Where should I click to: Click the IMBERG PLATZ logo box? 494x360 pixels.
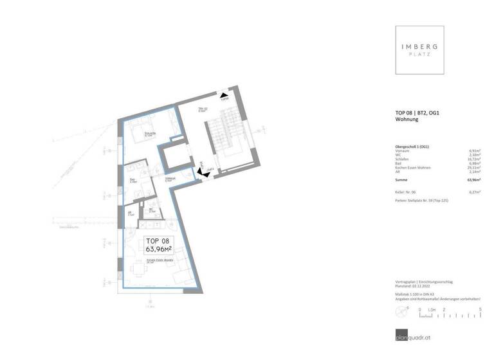[x=419, y=50]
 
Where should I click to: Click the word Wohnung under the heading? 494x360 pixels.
[x=407, y=120]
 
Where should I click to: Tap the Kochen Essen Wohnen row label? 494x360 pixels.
[x=417, y=168]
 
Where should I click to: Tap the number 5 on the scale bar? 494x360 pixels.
[x=480, y=310]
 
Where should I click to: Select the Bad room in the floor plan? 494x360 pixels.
[x=134, y=179]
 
